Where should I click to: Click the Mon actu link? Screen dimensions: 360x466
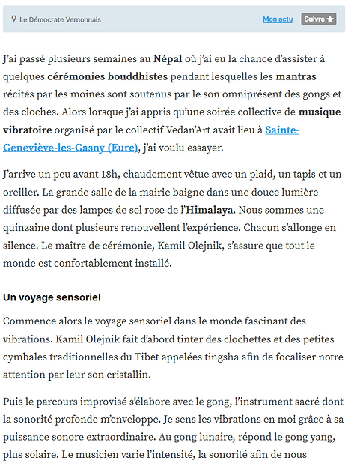click(278, 19)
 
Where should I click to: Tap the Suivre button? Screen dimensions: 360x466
click(318, 19)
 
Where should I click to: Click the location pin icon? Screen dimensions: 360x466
click(13, 19)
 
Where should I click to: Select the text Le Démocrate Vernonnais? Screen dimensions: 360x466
click(60, 19)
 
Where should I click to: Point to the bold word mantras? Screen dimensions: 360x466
click(296, 76)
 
